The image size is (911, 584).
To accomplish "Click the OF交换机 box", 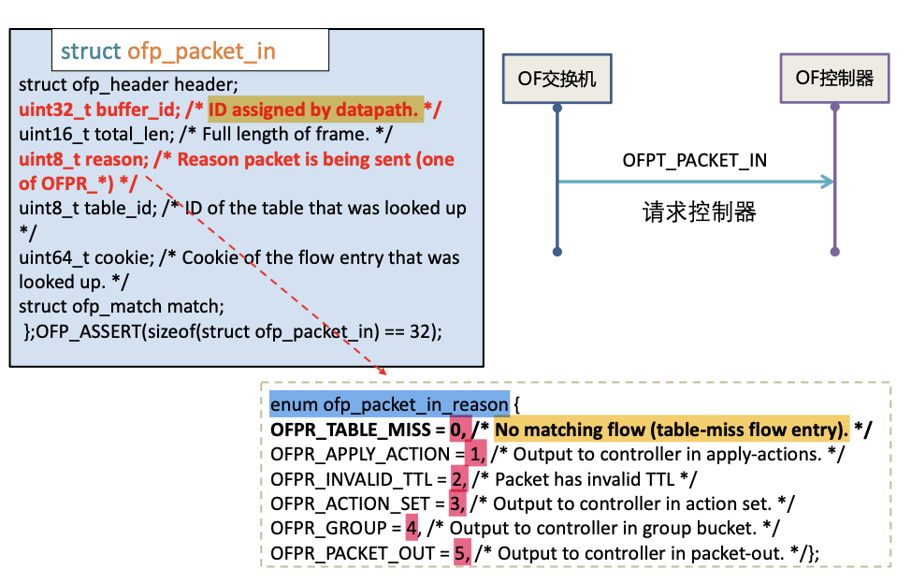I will pyautogui.click(x=557, y=79).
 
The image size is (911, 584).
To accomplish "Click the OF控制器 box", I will pyautogui.click(x=834, y=79).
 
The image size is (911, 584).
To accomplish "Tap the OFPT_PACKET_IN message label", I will pyautogui.click(x=695, y=160).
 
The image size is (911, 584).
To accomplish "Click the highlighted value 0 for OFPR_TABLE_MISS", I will pyautogui.click(x=457, y=430).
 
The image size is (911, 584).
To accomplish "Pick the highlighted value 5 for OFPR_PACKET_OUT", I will pyautogui.click(x=461, y=552).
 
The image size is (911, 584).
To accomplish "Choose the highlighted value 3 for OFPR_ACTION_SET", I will pyautogui.click(x=456, y=504).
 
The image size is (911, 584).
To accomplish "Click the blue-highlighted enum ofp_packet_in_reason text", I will pyautogui.click(x=390, y=404).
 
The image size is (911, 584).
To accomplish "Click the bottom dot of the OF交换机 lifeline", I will pyautogui.click(x=557, y=251).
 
